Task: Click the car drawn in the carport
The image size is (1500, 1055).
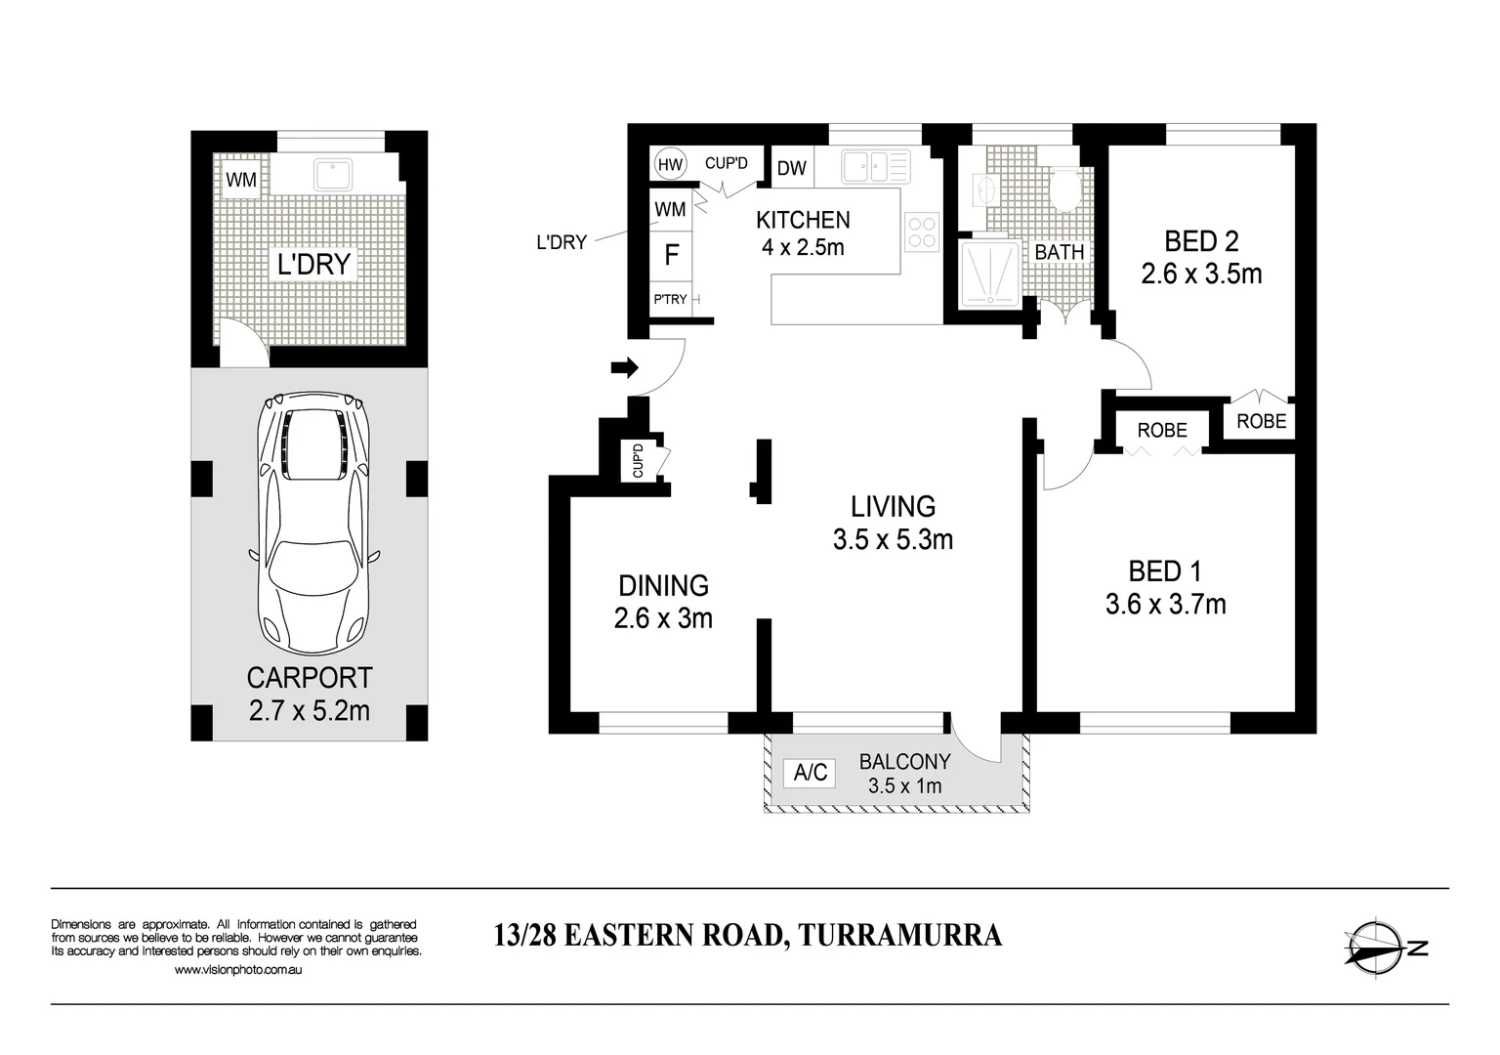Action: (313, 523)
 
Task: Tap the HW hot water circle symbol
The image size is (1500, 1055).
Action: (670, 164)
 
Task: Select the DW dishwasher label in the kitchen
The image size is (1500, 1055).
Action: (792, 168)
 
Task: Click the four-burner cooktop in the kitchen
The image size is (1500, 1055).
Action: (922, 232)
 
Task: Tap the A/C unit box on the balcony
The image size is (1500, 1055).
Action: (810, 773)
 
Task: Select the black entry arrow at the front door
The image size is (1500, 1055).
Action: (625, 367)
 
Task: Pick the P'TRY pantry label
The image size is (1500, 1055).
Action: (670, 300)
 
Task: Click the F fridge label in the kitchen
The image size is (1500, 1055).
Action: (672, 255)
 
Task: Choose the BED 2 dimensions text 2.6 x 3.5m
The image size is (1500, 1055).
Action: (1201, 274)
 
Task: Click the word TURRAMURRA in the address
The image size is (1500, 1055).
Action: (900, 935)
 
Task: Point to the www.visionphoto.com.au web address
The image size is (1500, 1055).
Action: (237, 969)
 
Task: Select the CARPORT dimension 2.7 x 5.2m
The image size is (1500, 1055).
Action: (310, 711)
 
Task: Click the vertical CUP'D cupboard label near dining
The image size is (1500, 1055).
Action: (638, 460)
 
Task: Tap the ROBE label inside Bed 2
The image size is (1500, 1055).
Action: (1262, 421)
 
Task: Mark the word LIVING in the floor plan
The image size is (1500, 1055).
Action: (893, 507)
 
